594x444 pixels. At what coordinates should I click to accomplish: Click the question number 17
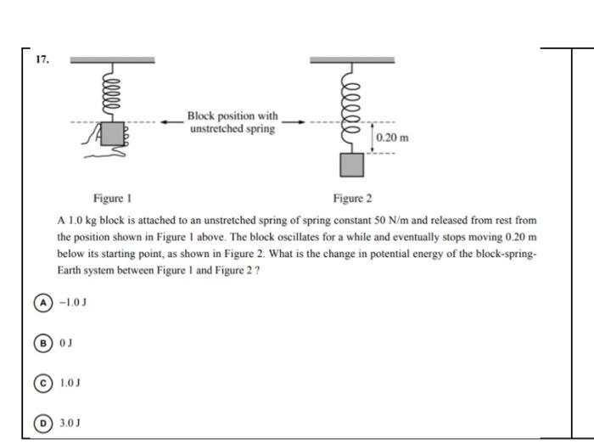[x=42, y=60]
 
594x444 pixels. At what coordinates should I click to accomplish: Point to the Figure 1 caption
[x=112, y=199]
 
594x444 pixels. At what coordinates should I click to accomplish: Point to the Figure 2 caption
[x=352, y=199]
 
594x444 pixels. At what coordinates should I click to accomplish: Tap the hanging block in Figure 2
[x=352, y=164]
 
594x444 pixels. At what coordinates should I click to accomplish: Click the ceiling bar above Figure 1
[x=112, y=60]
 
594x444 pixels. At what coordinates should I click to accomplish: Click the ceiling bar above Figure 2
[x=352, y=60]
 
